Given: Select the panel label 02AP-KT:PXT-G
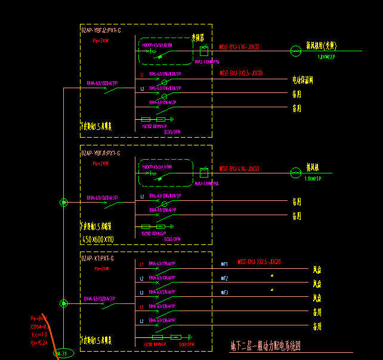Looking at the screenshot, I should pyautogui.click(x=98, y=259).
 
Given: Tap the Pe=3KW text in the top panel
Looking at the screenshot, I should pyautogui.click(x=101, y=41).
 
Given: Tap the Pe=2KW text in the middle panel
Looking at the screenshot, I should pyautogui.click(x=101, y=163).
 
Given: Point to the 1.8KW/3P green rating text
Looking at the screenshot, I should pyautogui.click(x=327, y=58).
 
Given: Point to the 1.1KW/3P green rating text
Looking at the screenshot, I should pyautogui.click(x=313, y=179).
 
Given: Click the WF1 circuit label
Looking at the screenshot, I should pyautogui.click(x=225, y=263).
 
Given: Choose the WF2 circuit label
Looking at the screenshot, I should pyautogui.click(x=225, y=278).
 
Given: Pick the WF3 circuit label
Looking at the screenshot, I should pyautogui.click(x=225, y=292).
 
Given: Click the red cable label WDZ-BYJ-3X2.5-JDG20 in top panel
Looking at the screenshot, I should pyautogui.click(x=241, y=73).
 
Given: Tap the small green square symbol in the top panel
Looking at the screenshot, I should pyautogui.click(x=204, y=51).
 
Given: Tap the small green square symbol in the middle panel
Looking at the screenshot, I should pyautogui.click(x=204, y=173).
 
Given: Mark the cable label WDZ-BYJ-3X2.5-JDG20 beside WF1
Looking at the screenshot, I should pyautogui.click(x=259, y=262).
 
